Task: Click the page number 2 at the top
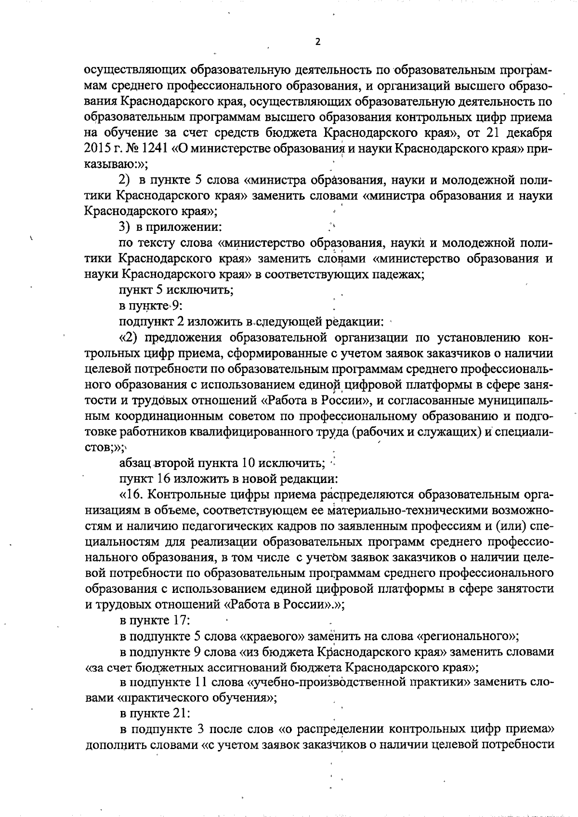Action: [317, 41]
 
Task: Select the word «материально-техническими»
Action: [380, 510]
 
